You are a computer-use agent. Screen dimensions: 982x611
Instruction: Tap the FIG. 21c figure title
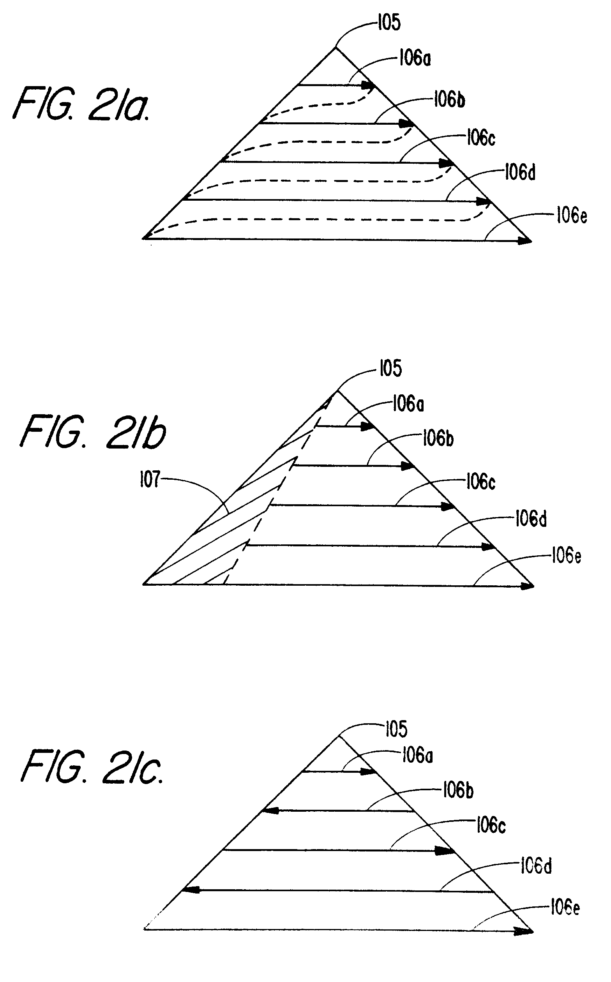93,767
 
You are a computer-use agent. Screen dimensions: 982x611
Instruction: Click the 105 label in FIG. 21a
390,23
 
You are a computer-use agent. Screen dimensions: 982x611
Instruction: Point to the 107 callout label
150,480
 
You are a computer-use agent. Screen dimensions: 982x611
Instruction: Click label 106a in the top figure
415,58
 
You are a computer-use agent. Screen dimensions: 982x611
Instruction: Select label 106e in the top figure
571,215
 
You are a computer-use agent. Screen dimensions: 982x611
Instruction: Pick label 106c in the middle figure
480,482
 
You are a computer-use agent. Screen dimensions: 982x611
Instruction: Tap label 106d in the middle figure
531,519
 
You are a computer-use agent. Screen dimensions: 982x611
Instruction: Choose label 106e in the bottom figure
565,908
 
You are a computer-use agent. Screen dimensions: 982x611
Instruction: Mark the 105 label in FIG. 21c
396,729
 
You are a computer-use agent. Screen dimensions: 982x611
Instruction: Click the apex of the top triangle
336,48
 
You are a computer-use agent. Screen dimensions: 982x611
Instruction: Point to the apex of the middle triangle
337,391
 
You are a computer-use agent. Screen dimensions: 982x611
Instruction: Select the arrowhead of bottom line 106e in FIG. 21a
525,241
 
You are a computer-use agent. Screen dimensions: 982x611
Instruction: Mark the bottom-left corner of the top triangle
144,238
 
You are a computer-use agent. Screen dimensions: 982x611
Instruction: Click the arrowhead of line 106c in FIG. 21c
445,850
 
